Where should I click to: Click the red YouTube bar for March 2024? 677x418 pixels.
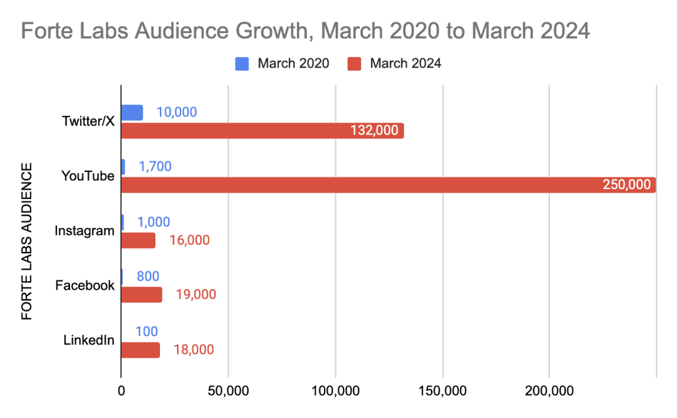tap(388, 185)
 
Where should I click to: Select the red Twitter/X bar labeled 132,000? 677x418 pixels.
tap(262, 130)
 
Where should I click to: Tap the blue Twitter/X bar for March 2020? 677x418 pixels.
tap(132, 112)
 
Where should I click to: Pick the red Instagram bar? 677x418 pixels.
tap(138, 240)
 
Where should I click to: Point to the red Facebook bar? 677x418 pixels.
tap(141, 295)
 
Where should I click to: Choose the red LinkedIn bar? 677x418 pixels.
tap(140, 350)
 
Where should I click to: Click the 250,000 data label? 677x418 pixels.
tap(627, 185)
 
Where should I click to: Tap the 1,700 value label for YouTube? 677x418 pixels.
tap(155, 167)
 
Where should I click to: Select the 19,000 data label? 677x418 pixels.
tap(196, 295)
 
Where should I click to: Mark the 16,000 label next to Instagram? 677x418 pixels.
tap(189, 240)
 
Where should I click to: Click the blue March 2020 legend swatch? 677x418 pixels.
tap(243, 64)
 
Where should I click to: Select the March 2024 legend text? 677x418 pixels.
tap(405, 64)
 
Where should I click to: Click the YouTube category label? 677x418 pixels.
tap(88, 176)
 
